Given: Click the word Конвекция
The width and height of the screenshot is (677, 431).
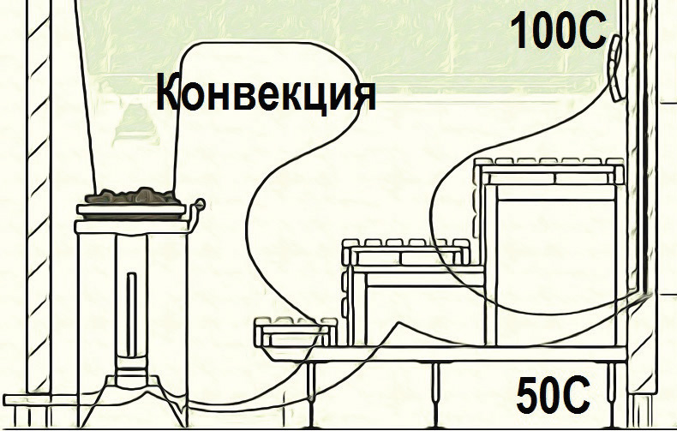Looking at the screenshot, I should click(266, 95).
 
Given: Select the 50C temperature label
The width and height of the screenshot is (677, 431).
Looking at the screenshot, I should click(554, 397).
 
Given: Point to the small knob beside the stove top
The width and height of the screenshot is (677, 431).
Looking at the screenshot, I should click(200, 204).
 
